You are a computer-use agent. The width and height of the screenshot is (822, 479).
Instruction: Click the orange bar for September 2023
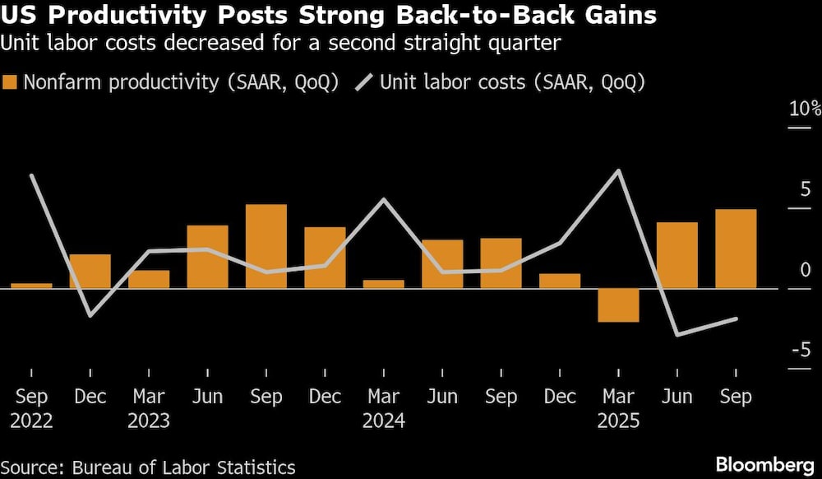[266, 246]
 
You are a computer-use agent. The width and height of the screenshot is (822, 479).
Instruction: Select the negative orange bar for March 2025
[618, 305]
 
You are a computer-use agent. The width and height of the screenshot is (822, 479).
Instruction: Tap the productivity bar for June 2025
[677, 255]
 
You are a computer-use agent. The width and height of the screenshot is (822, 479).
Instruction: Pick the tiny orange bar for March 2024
[384, 284]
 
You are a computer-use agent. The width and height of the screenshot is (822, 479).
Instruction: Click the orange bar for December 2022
[90, 271]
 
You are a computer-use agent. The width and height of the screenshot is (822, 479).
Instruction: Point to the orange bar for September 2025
[736, 249]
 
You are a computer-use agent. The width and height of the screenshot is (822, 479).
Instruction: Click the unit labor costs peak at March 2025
[618, 171]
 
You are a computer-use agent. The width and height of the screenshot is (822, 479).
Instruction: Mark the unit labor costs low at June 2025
[677, 334]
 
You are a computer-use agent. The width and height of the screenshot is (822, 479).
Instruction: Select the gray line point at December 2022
[90, 315]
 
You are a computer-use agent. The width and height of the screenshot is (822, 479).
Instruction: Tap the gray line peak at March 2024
[384, 199]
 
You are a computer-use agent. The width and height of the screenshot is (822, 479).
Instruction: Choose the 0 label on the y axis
[806, 270]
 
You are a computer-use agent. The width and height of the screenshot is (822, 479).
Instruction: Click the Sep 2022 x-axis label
[31, 409]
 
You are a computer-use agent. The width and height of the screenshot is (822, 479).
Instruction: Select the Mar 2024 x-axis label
[384, 409]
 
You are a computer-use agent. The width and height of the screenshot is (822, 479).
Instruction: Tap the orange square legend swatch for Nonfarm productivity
[10, 82]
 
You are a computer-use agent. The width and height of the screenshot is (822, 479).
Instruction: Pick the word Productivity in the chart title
[109, 16]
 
